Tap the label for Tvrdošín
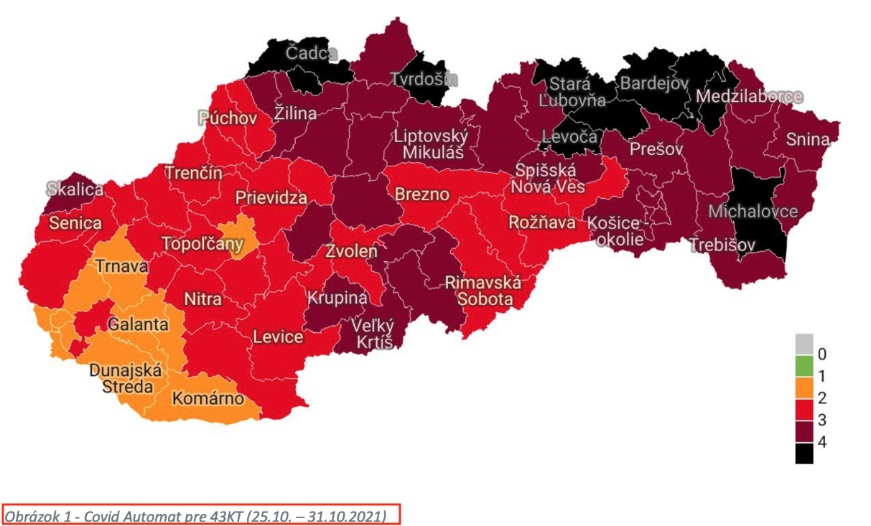(423, 80)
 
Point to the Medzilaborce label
(750, 97)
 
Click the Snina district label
(808, 139)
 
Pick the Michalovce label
(753, 211)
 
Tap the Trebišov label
(722, 245)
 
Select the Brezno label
(421, 194)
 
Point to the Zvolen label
(351, 252)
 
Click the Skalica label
(75, 189)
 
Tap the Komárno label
(208, 399)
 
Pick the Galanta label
(138, 324)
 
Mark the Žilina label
(295, 113)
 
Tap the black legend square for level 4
(804, 454)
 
